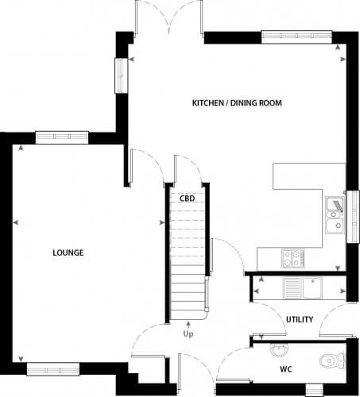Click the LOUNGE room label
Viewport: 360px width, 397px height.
[x=68, y=252]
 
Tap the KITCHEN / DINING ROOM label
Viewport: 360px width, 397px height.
[x=237, y=103]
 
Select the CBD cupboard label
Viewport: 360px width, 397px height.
[x=187, y=198]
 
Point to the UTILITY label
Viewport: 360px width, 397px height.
[x=300, y=319]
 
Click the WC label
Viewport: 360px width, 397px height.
[x=286, y=369]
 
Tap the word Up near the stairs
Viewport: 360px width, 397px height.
[x=188, y=334]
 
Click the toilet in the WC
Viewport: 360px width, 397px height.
[x=332, y=360]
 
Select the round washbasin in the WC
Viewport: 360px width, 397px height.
[x=279, y=349]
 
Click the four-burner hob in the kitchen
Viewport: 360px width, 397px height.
[x=293, y=258]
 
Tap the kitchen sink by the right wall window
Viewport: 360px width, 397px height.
[x=335, y=215]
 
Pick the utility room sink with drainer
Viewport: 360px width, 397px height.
[x=303, y=287]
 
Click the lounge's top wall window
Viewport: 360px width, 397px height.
[x=62, y=137]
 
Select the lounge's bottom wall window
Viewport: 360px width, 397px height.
[x=53, y=369]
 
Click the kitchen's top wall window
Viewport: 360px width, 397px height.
[x=296, y=37]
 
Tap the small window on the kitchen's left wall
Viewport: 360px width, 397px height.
[x=121, y=75]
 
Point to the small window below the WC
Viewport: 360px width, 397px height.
[x=315, y=391]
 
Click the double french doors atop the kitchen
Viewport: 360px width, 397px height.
[x=169, y=18]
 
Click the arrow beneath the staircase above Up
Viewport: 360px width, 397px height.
[x=188, y=325]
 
